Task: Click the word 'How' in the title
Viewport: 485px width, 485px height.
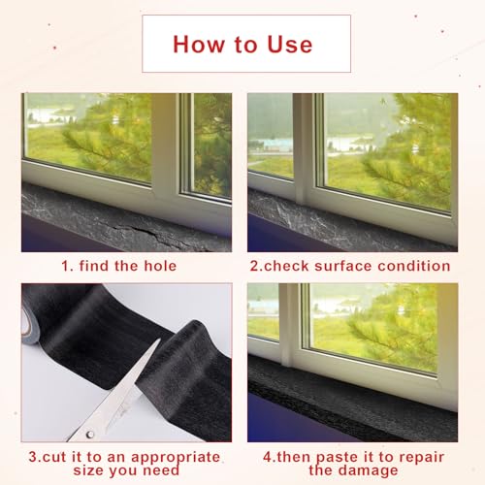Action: click(x=199, y=45)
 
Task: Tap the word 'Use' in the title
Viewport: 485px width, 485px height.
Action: click(x=290, y=45)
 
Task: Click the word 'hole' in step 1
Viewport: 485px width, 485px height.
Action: click(x=160, y=266)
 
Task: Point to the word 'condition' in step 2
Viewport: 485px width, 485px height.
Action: click(x=414, y=266)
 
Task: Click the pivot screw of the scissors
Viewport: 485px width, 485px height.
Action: click(x=90, y=435)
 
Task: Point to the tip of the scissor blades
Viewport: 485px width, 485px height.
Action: click(x=159, y=339)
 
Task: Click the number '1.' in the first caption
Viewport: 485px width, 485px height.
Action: click(x=67, y=266)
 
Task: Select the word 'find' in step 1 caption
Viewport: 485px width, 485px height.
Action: click(x=93, y=266)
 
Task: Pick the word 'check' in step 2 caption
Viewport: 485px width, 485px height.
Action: click(x=286, y=266)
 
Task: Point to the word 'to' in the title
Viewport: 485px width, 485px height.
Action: click(x=245, y=45)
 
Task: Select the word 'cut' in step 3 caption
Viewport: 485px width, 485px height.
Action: click(x=54, y=458)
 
